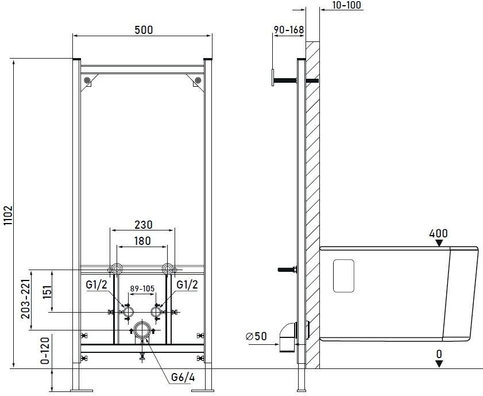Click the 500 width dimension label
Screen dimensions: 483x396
click(x=144, y=30)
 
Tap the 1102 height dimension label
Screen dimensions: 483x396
click(x=7, y=215)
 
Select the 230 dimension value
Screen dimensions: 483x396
click(x=144, y=225)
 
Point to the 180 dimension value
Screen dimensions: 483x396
click(x=142, y=241)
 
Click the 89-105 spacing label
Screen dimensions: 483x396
click(x=142, y=289)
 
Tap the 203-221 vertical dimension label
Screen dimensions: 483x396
click(x=26, y=299)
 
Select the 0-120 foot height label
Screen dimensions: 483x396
click(x=45, y=351)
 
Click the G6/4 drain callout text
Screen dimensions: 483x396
click(x=183, y=377)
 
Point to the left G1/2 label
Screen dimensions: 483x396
click(x=96, y=284)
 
